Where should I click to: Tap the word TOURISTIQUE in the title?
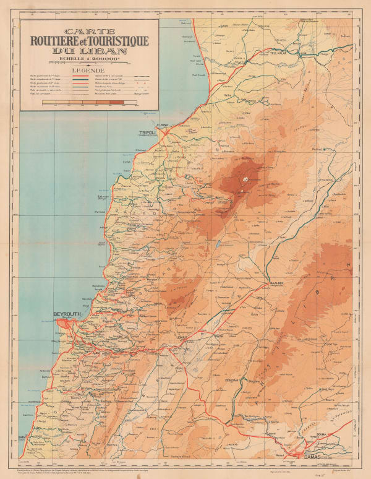coord(117,41)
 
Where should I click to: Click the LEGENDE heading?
coord(89,70)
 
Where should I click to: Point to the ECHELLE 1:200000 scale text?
coord(89,59)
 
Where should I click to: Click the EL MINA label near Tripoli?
coord(163,126)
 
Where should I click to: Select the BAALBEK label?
coord(276,282)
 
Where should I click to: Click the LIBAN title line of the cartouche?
coord(89,51)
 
